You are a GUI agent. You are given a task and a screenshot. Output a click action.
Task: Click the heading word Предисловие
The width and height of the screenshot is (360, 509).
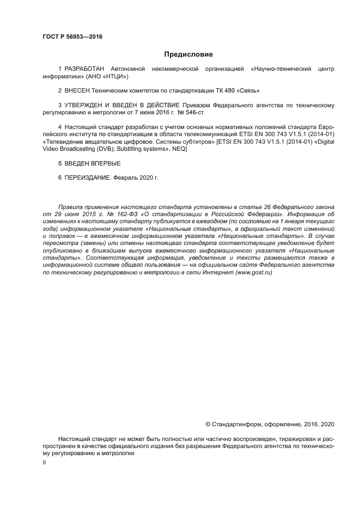click(x=189, y=54)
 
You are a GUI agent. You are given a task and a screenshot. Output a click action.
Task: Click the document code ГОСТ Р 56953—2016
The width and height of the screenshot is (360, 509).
click(x=72, y=36)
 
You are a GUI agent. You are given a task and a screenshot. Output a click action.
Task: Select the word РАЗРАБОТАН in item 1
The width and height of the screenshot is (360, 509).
click(x=83, y=69)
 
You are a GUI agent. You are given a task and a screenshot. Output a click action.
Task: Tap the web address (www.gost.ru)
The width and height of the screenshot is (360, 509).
click(x=254, y=272)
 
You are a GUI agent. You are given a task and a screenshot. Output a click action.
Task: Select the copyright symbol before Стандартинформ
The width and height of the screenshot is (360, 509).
click(x=208, y=423)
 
